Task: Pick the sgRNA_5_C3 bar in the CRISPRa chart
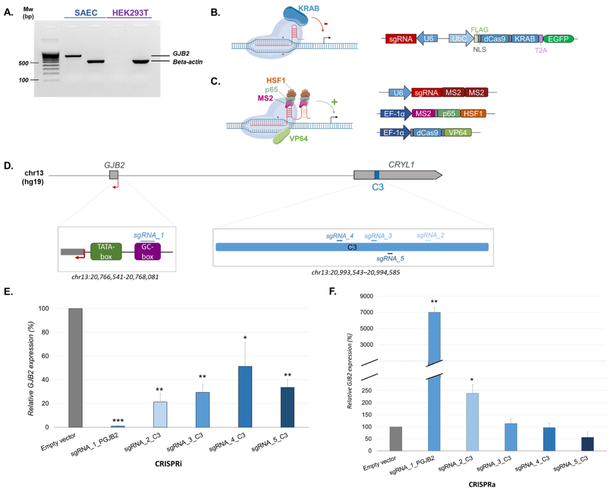(x=587, y=444)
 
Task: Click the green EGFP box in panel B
(x=558, y=39)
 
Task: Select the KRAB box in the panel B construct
(x=525, y=39)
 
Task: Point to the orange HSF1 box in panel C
(x=473, y=114)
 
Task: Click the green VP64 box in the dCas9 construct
(x=458, y=132)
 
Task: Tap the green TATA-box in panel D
(x=106, y=251)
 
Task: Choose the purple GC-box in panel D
(x=147, y=251)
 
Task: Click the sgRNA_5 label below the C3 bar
(x=390, y=259)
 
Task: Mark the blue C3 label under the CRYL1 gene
(x=378, y=187)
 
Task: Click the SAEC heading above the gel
(x=86, y=13)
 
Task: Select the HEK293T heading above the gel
(x=130, y=13)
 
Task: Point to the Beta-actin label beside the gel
(x=188, y=62)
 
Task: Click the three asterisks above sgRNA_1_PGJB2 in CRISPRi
(x=118, y=421)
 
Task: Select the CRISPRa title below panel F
(x=482, y=484)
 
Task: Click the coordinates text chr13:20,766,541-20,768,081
(x=115, y=277)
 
